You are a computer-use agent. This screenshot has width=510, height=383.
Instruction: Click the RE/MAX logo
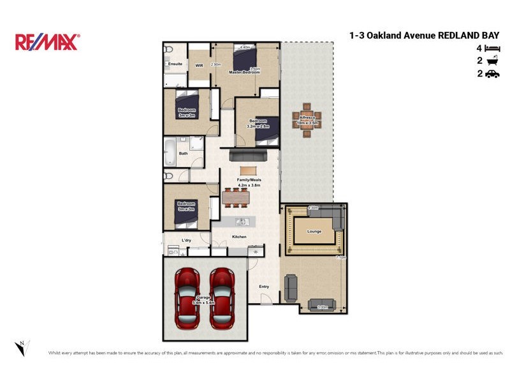(47, 42)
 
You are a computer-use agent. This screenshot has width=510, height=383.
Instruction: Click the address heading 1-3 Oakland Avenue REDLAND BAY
(424, 36)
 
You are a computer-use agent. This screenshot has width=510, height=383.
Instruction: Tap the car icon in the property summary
(492, 74)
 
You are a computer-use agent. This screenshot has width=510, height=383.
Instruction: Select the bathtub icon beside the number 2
(492, 61)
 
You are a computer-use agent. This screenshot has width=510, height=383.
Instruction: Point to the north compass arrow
(20, 348)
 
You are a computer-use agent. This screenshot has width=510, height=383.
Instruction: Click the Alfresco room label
(307, 119)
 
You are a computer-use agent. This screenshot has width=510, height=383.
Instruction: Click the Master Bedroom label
(245, 72)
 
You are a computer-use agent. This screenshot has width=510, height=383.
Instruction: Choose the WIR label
(199, 65)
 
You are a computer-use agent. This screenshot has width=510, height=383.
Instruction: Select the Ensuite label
(175, 64)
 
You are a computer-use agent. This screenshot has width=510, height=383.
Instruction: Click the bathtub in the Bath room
(170, 153)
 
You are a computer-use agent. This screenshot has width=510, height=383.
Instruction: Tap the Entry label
(264, 287)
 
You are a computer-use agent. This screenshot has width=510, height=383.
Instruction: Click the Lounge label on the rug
(313, 232)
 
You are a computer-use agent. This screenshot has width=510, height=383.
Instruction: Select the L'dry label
(186, 240)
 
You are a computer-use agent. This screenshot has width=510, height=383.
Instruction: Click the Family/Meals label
(249, 180)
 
